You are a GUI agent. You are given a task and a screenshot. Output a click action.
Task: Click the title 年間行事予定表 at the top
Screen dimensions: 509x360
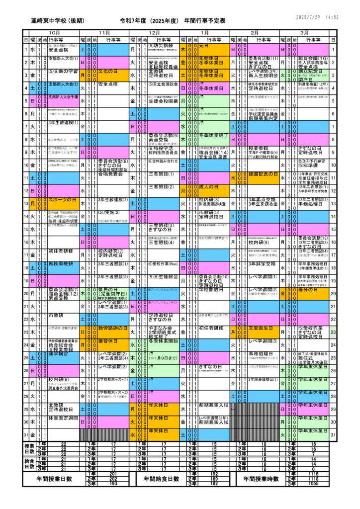(x=205, y=21)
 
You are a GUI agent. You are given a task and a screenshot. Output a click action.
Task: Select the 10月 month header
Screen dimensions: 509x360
(x=54, y=32)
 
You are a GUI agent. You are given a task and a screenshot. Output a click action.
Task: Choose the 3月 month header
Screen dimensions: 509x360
(x=304, y=32)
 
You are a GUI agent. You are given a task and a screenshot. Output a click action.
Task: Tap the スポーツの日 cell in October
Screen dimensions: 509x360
(x=62, y=200)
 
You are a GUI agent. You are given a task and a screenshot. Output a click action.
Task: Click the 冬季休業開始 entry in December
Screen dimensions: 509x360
(x=160, y=341)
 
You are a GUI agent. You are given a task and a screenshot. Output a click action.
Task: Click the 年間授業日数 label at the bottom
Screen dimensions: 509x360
(x=55, y=479)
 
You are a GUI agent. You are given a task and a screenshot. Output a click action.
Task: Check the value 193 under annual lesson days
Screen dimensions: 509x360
(x=113, y=484)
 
